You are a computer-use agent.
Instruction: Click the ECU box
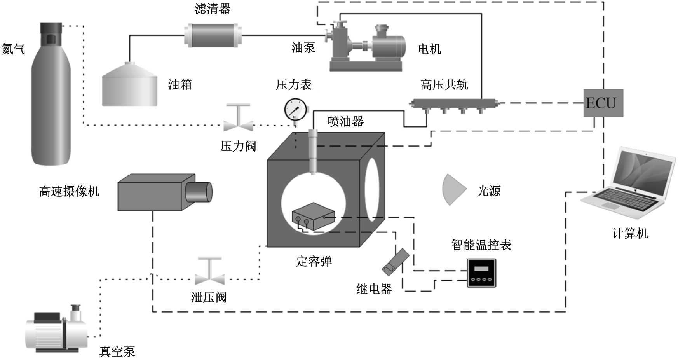coord(603,103)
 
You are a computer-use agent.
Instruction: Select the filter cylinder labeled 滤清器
coord(213,35)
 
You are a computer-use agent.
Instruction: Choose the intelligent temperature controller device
coord(482,273)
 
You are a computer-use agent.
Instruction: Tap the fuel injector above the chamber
coord(313,152)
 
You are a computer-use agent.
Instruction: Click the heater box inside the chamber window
coord(312,216)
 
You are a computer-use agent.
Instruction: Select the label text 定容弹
coord(314,261)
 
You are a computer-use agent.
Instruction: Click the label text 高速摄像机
coord(69,191)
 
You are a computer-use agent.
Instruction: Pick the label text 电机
coord(429,49)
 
